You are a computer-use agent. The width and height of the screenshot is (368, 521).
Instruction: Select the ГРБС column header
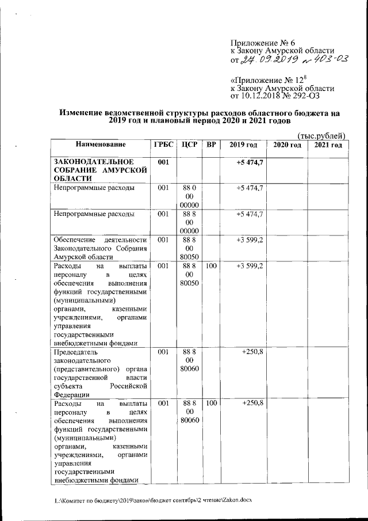(x=161, y=144)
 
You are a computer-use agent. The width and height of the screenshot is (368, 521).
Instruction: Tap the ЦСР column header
(x=189, y=144)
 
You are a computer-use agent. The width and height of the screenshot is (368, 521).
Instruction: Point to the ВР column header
(x=211, y=144)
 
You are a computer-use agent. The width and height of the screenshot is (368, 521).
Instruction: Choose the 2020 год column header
(x=287, y=144)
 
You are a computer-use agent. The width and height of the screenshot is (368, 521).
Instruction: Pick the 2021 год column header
(x=327, y=144)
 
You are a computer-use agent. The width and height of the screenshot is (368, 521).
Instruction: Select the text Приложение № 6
(x=262, y=43)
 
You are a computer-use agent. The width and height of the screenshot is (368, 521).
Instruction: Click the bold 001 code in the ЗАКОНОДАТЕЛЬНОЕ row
(x=163, y=162)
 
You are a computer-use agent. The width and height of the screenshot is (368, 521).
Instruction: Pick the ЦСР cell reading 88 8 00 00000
(x=189, y=222)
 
